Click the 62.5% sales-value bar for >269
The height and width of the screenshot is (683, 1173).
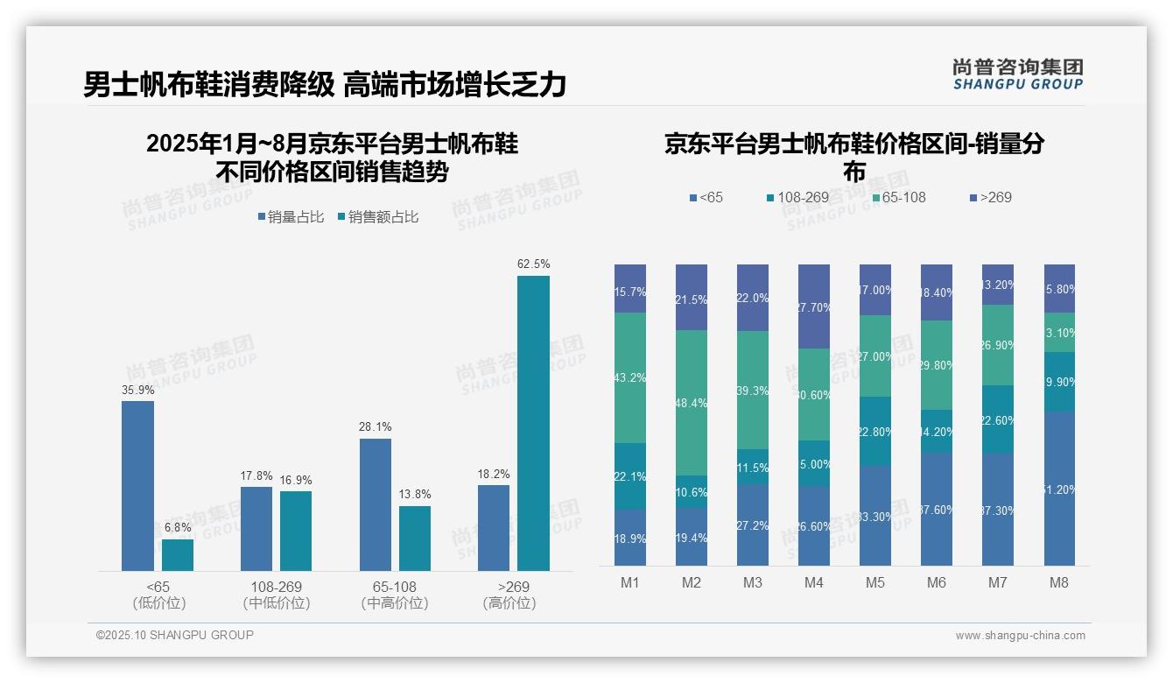click(x=533, y=423)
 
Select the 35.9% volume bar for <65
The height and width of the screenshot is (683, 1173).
click(x=137, y=486)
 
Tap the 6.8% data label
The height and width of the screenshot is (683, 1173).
click(x=178, y=527)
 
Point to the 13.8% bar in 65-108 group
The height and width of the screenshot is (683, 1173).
click(x=415, y=539)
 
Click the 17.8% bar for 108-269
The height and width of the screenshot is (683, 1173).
click(x=256, y=529)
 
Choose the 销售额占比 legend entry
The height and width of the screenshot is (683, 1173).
click(x=377, y=217)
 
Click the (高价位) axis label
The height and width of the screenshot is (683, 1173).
click(x=509, y=603)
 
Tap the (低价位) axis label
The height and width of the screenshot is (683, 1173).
click(x=159, y=603)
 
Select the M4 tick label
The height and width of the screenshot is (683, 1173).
click(x=813, y=582)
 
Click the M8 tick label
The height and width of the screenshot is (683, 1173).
click(x=1058, y=582)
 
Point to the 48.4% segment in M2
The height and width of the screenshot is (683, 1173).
click(x=692, y=403)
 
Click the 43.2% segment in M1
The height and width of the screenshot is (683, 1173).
click(x=630, y=377)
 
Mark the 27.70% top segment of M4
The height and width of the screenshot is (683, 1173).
click(x=813, y=306)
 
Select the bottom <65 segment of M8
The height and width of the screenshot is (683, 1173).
click(x=1059, y=489)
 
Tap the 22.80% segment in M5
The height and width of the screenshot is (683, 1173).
click(x=875, y=431)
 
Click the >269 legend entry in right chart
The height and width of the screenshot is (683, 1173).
click(x=990, y=197)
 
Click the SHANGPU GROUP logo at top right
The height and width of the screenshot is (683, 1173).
click(x=1017, y=74)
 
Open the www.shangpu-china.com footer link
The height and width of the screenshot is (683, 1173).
click(x=1020, y=636)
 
